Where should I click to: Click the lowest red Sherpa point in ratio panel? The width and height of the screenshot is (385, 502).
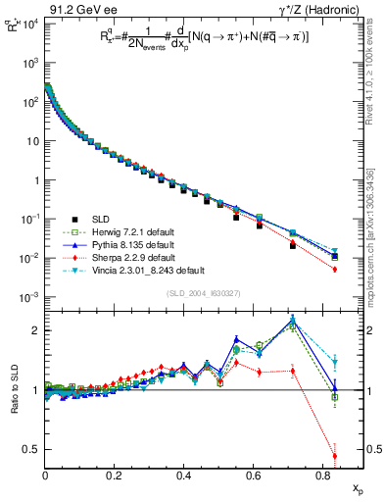click(335, 456)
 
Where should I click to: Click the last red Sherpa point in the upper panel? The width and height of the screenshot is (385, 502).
click(335, 269)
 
